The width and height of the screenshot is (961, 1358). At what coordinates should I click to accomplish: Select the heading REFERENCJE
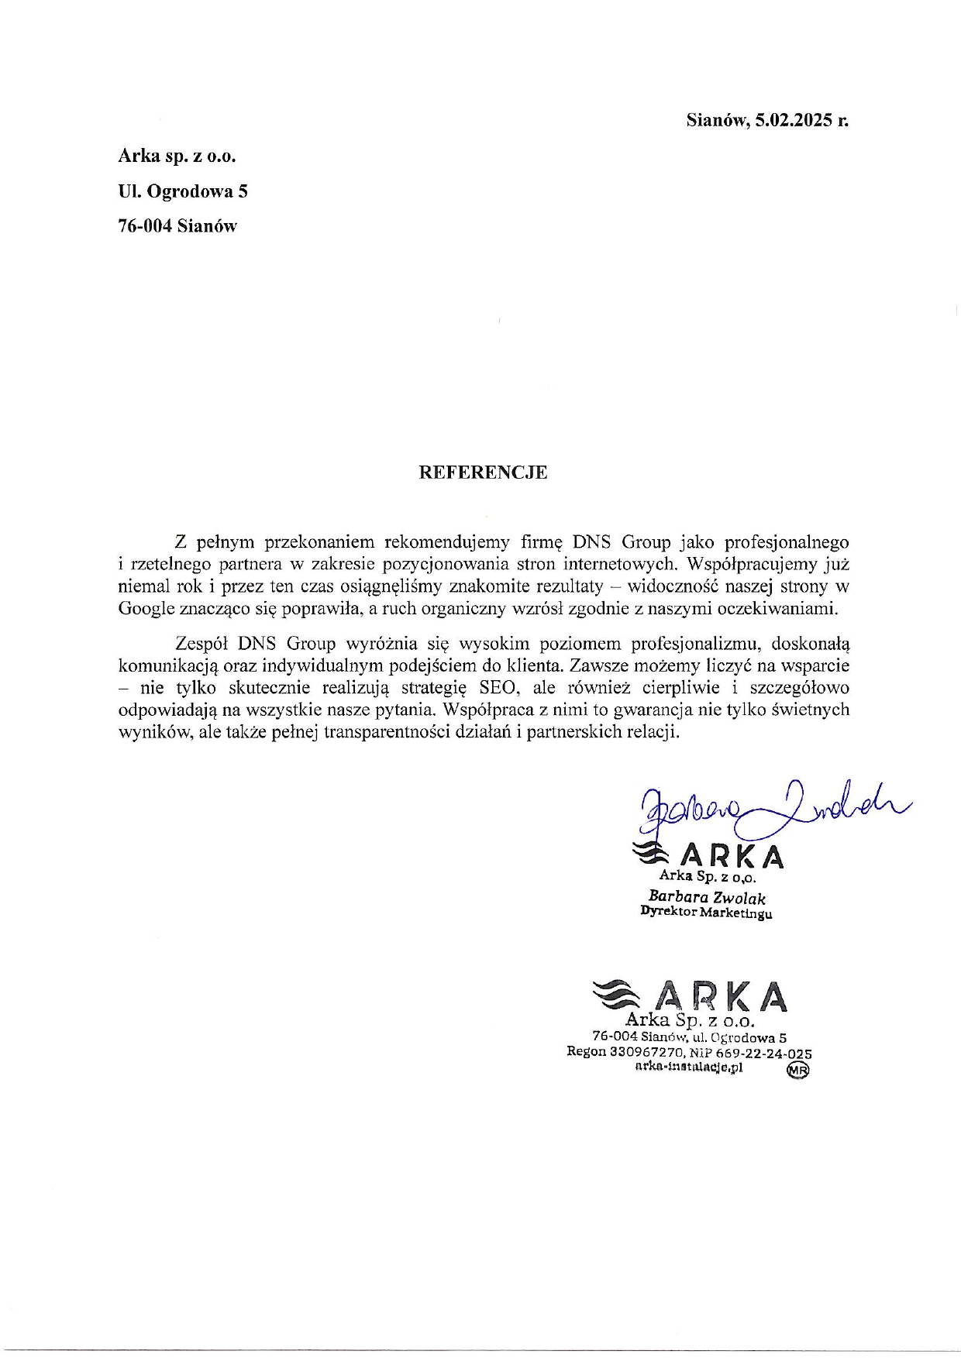coord(483,473)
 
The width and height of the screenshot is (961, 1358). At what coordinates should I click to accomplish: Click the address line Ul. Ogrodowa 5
coord(183,191)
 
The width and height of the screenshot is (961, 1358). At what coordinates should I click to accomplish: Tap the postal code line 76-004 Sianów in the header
coord(177,226)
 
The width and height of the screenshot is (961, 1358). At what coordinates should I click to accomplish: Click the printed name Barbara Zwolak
coord(707,898)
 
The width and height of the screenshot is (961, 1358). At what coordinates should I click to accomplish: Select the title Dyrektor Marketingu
coord(706,913)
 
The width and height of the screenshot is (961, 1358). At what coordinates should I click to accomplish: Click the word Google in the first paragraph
coord(146,609)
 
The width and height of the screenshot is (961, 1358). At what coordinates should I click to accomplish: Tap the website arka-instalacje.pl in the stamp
coord(688,1067)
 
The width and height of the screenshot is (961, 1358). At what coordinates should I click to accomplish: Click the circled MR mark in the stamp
coord(797,1070)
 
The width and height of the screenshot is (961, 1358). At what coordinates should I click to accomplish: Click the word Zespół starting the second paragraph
coord(201,643)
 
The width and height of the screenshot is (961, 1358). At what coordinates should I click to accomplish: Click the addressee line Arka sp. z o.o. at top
coord(177,156)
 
